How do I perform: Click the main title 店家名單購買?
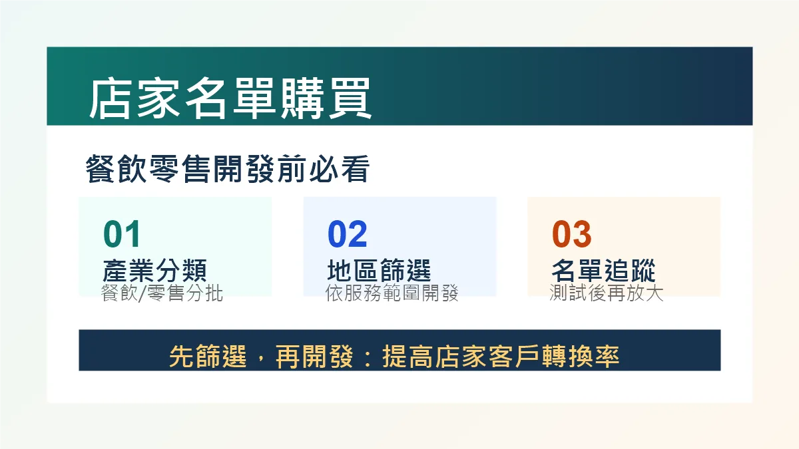[x=230, y=98]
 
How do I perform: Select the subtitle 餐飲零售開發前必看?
[x=228, y=168]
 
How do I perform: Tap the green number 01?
[x=122, y=233]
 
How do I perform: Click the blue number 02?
[x=347, y=233]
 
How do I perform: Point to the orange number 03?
[x=572, y=233]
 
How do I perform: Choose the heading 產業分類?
[x=154, y=271]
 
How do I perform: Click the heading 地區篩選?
[x=379, y=271]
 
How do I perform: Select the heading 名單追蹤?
[x=603, y=271]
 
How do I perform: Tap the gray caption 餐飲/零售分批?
[x=162, y=293]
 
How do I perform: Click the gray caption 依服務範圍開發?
[x=392, y=293]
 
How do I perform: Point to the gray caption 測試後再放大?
[x=607, y=293]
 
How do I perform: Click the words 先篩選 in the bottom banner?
[x=208, y=357]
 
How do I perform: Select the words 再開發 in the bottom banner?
[x=314, y=357]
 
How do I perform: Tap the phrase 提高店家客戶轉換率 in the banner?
[x=501, y=357]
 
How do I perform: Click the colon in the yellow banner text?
[x=368, y=357]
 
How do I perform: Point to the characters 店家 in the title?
[x=134, y=98]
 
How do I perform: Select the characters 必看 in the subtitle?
[x=340, y=168]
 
